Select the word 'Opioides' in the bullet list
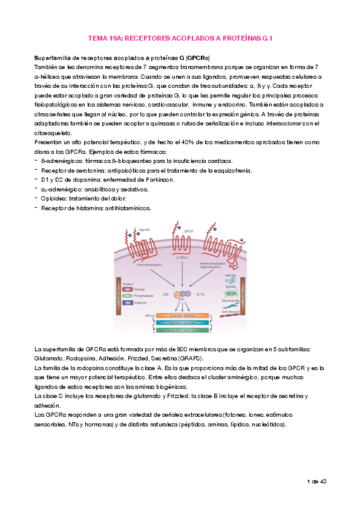[x=52, y=198]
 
